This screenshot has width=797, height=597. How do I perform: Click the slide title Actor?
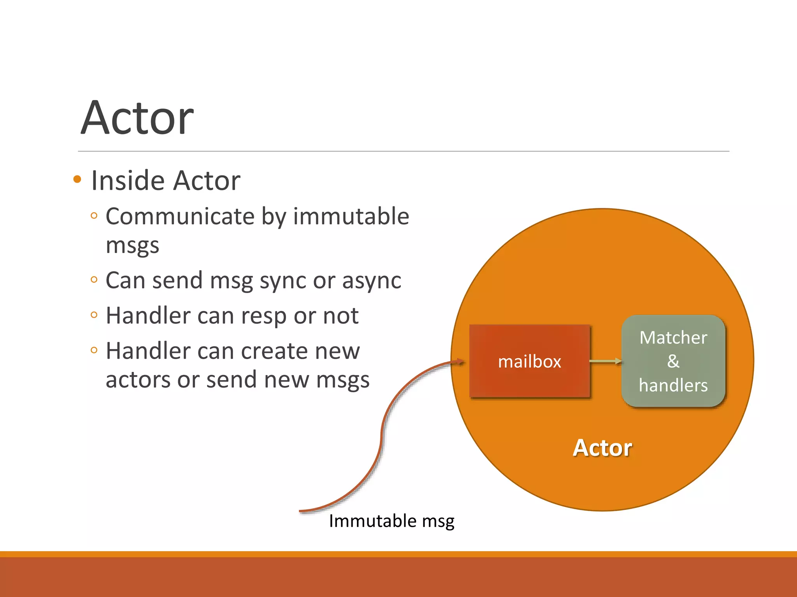(137, 118)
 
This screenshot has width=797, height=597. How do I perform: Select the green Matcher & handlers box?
(673, 361)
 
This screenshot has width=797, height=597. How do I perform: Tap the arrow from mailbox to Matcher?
(606, 361)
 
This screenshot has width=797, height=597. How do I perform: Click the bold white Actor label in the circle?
(602, 448)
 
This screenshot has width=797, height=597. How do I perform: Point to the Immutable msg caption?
(391, 521)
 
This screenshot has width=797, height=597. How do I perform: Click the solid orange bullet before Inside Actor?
(77, 179)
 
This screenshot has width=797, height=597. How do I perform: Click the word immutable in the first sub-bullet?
(351, 216)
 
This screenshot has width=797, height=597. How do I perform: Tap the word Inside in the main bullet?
(129, 181)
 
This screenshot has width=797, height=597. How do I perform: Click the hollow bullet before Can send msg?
(94, 279)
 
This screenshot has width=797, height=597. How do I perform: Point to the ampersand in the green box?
(673, 361)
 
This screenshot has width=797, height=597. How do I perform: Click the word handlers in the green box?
(673, 385)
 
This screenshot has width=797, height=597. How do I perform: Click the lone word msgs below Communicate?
(132, 246)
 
